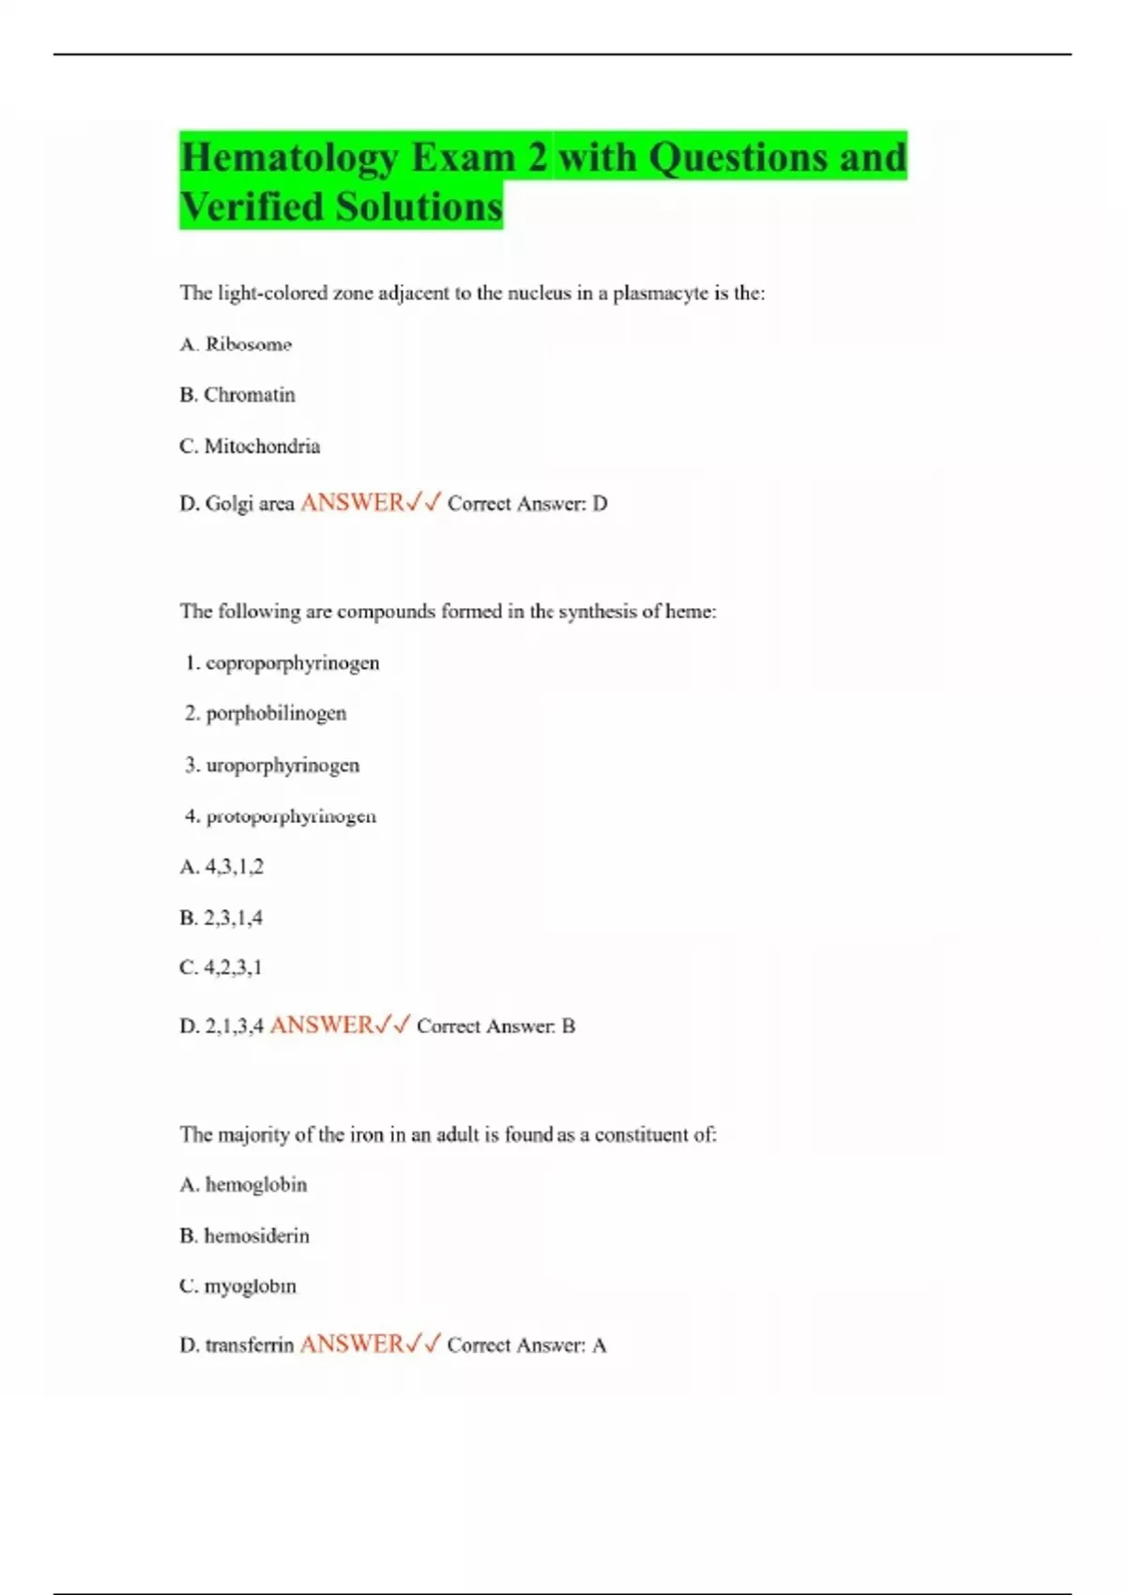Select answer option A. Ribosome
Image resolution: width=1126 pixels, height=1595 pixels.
pyautogui.click(x=236, y=344)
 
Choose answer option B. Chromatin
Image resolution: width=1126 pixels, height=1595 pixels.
pyautogui.click(x=237, y=395)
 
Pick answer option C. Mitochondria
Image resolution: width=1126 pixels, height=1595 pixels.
pyautogui.click(x=250, y=447)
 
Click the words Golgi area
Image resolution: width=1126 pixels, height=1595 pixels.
pyautogui.click(x=250, y=504)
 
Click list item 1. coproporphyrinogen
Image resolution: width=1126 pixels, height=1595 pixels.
pyautogui.click(x=282, y=663)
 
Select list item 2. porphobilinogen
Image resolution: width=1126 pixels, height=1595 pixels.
pyautogui.click(x=266, y=714)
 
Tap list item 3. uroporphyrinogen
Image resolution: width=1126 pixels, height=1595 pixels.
pyautogui.click(x=272, y=766)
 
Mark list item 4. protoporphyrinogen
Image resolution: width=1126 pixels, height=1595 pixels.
pyautogui.click(x=281, y=816)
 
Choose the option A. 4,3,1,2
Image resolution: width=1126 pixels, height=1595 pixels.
pyautogui.click(x=221, y=867)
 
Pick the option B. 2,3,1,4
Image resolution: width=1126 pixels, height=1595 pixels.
pyautogui.click(x=221, y=918)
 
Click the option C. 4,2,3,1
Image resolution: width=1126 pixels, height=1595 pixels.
pyautogui.click(x=221, y=967)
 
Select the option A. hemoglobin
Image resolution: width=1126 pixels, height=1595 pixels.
pyautogui.click(x=243, y=1185)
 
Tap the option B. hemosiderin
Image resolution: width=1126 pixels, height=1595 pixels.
pyautogui.click(x=244, y=1236)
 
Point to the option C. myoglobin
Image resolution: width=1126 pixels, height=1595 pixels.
pyautogui.click(x=237, y=1286)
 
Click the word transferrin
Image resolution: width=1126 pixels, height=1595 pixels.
pyautogui.click(x=250, y=1345)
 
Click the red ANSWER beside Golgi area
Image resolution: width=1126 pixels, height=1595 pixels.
pyautogui.click(x=352, y=503)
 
